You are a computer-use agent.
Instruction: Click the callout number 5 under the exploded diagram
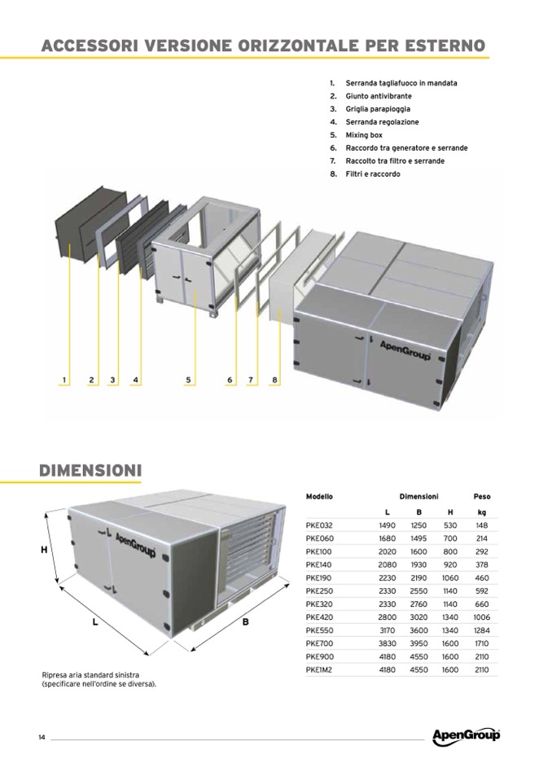188,380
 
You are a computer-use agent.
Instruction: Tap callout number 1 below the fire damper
64,380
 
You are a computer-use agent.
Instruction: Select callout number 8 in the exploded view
274,380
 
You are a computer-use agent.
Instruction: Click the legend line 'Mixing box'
364,135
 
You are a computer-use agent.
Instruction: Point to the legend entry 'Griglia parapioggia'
378,109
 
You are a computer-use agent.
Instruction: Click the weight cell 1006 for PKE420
482,617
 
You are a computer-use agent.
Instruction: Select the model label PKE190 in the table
318,577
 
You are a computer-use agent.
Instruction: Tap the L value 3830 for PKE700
388,643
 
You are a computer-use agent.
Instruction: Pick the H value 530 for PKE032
450,525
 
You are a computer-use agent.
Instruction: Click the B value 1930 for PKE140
418,565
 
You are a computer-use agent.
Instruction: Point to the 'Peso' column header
482,497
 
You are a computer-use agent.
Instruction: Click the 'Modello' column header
319,497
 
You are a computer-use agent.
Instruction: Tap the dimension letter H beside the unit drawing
44,551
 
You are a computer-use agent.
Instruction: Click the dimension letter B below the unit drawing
245,621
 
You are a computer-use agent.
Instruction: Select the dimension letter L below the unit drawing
95,622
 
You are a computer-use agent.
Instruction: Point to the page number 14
42,737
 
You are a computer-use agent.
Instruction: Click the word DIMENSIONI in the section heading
90,471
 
